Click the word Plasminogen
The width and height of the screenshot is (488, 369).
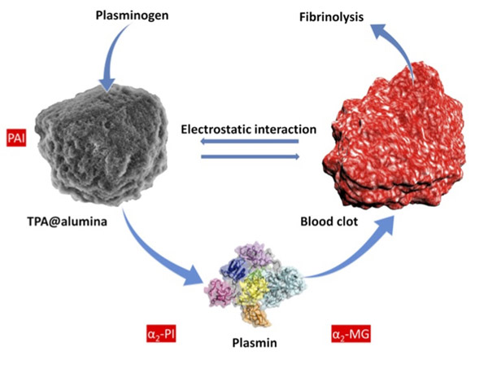pyautogui.click(x=133, y=15)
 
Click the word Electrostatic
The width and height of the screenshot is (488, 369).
pyautogui.click(x=213, y=128)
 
